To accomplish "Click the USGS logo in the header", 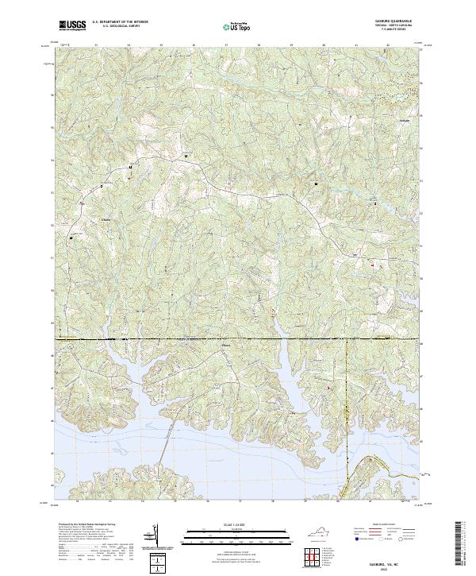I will (71, 26).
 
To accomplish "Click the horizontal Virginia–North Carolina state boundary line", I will (238, 339).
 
